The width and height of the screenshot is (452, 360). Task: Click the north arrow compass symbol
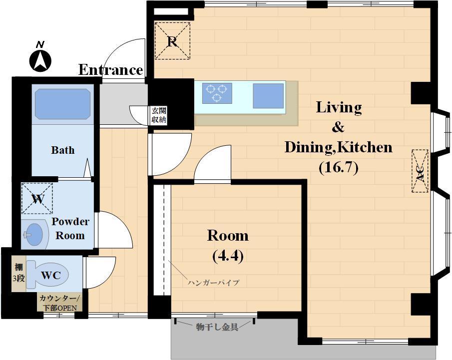40,61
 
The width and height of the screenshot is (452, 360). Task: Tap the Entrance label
111,70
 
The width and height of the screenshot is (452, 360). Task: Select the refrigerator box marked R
172,41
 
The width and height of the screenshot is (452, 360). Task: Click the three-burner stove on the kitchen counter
217,93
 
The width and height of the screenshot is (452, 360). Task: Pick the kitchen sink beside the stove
268,96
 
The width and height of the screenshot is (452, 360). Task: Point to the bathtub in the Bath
62,104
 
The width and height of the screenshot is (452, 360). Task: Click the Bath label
63,150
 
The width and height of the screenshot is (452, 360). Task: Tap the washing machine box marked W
37,199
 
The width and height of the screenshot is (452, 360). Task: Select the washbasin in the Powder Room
34,234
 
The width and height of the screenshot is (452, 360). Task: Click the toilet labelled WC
47,275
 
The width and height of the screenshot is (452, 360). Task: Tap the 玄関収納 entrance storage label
159,115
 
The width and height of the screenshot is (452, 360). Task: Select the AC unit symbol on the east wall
420,171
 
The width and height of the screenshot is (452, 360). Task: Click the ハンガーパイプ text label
214,283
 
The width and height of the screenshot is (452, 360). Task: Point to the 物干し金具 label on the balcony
217,327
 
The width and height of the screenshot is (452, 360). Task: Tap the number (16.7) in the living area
339,167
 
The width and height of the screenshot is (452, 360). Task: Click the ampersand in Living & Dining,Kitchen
338,127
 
